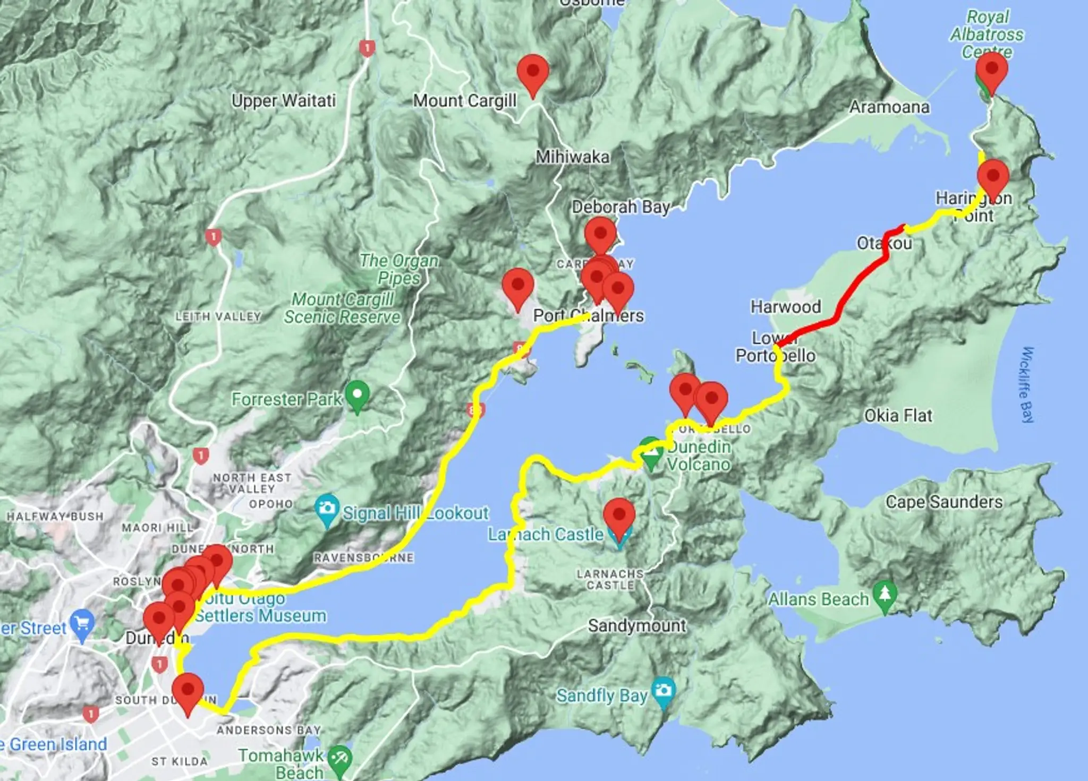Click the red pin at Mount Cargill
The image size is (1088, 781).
point(533,73)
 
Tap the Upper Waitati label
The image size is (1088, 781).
point(284,101)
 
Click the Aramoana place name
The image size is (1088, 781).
point(889,107)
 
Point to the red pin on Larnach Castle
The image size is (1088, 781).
point(619,517)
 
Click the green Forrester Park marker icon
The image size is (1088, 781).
point(357,396)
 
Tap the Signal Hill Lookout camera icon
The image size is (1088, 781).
point(327,509)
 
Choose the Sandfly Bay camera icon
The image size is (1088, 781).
point(663,691)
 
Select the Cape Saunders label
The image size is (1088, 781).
point(944,502)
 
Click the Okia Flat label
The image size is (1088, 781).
point(898,416)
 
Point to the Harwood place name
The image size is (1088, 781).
point(786,306)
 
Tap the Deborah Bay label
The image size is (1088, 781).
point(620,207)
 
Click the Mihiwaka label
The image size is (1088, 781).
point(572,157)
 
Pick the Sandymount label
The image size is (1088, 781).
point(636,626)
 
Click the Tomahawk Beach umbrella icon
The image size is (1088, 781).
point(339,759)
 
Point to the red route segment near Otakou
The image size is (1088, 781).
point(850,297)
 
